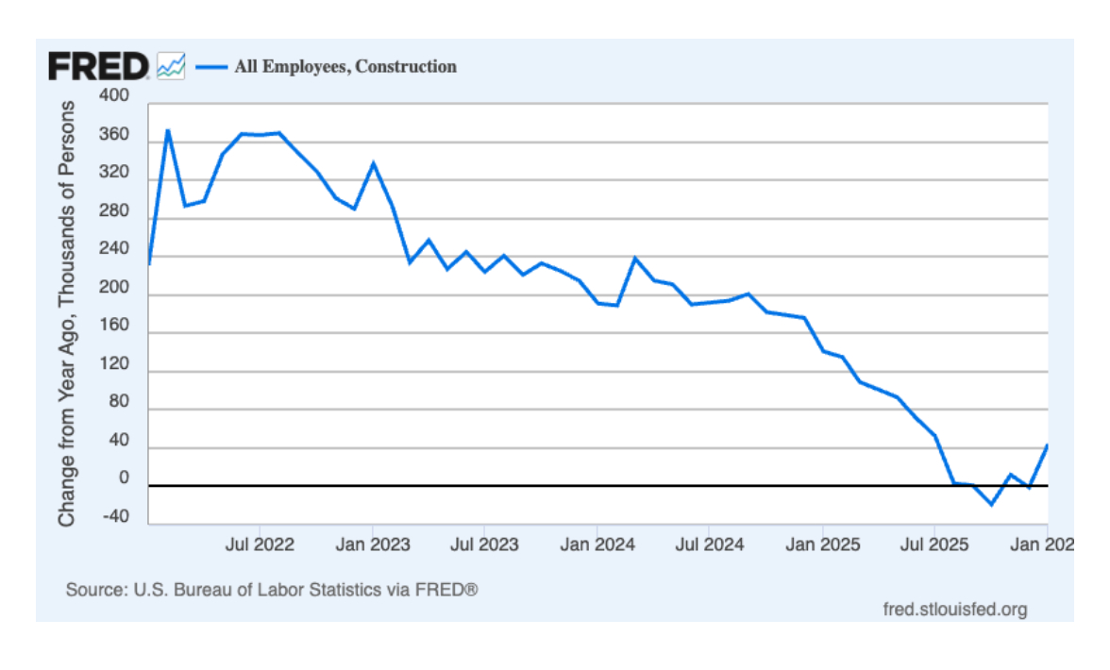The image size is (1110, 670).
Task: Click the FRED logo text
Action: click(98, 66)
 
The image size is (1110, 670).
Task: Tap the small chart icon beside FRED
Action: click(171, 66)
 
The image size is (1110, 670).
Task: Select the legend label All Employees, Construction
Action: click(345, 66)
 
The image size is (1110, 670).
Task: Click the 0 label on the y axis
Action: click(123, 478)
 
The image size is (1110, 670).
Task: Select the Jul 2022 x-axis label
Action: click(260, 544)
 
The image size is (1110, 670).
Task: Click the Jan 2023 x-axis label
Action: click(373, 544)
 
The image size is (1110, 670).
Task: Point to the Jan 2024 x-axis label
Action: click(597, 544)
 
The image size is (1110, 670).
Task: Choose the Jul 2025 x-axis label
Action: click(934, 544)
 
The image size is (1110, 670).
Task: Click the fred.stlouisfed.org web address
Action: click(954, 609)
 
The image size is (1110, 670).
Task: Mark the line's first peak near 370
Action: click(168, 130)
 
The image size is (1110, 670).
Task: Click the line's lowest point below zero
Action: click(991, 504)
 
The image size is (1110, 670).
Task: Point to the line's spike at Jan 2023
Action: click(373, 163)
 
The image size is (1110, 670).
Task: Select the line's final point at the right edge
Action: click(1047, 445)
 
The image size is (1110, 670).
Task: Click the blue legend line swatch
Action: click(211, 66)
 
